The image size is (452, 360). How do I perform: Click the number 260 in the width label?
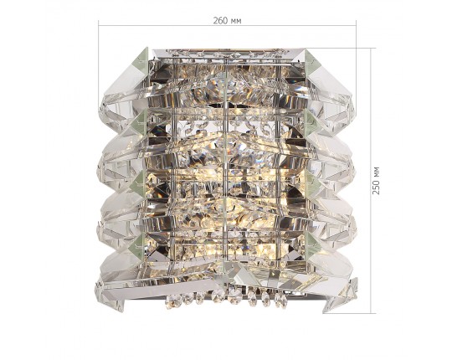point(219,21)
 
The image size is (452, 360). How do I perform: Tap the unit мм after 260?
point(235,21)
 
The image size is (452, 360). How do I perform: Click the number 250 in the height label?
point(376,188)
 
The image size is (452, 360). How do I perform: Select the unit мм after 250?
point(377,172)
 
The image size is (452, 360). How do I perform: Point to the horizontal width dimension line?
point(227,26)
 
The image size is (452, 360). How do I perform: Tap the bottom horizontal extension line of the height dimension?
point(349,313)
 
